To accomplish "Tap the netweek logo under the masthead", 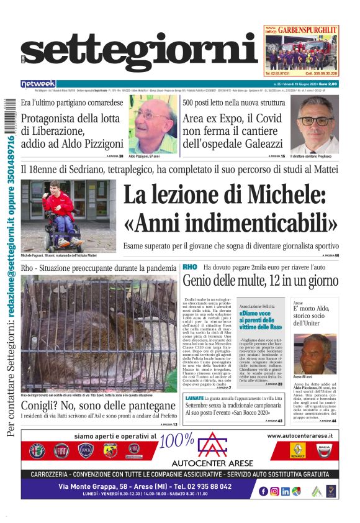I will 38,84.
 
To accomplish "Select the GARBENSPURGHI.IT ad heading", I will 307,29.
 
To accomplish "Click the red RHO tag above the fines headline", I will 189,267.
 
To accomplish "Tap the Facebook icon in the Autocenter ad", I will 263,491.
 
